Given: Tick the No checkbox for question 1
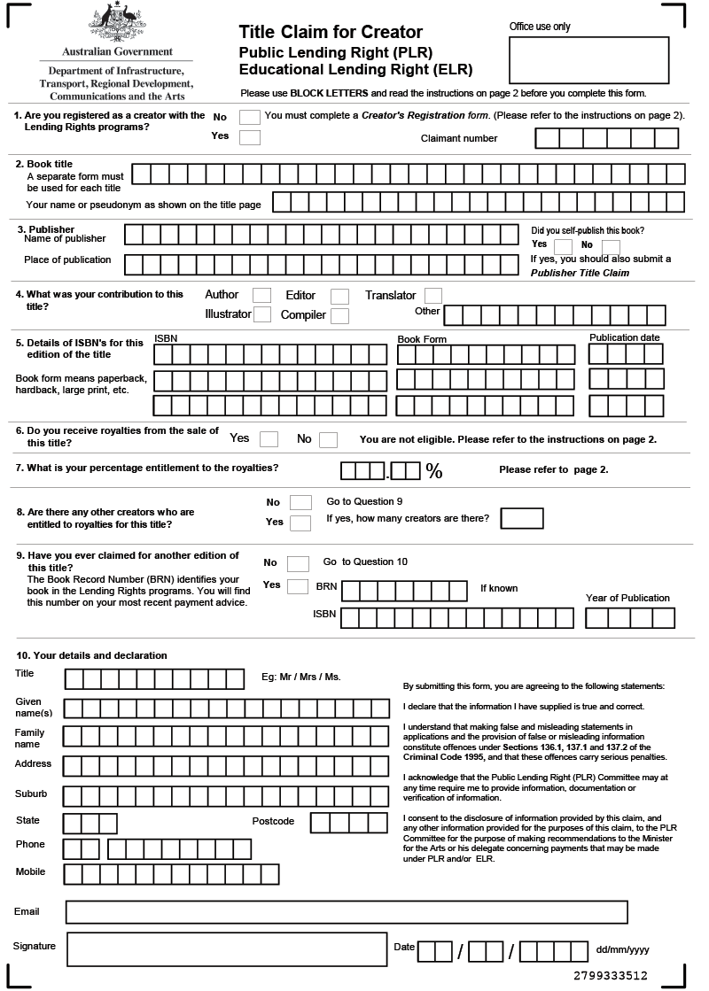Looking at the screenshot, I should click(250, 117).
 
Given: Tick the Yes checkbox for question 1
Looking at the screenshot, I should click(250, 137).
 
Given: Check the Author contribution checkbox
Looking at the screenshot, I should click(261, 296).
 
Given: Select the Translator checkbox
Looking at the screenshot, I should click(432, 296).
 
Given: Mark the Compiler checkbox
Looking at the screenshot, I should click(339, 315).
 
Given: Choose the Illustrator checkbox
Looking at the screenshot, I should click(262, 314).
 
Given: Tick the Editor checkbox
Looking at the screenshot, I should click(339, 296).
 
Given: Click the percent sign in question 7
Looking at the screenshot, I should click(434, 471).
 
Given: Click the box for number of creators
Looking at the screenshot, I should click(522, 518).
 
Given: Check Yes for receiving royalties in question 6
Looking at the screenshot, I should click(269, 439).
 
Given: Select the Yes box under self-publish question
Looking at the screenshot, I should click(563, 246).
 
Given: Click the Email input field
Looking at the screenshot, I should click(347, 912).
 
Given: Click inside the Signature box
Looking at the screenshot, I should click(225, 949).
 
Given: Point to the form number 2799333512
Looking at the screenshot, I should click(611, 976).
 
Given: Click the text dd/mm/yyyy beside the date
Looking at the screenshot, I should click(623, 950).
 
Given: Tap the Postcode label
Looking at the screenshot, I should click(273, 822).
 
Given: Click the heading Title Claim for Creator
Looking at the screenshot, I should click(331, 33).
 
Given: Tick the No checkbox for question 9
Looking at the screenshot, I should click(298, 563).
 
